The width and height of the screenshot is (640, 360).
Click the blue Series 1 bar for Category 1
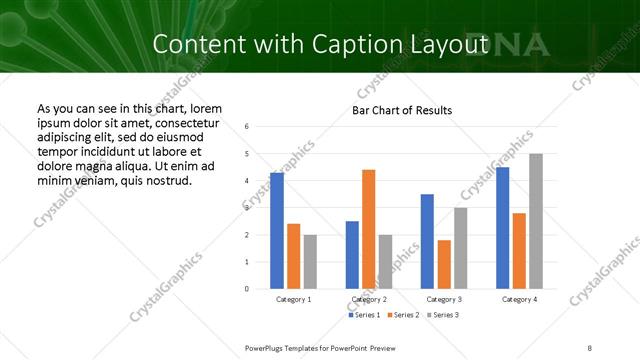click(x=277, y=231)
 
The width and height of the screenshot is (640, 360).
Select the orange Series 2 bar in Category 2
click(x=368, y=229)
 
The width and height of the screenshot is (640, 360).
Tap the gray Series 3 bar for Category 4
click(x=535, y=221)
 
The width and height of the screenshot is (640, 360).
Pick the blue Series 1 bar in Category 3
click(x=427, y=241)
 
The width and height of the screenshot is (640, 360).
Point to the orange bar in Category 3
click(x=443, y=264)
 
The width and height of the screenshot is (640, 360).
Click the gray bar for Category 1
click(x=310, y=261)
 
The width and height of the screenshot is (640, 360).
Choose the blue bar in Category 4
click(x=502, y=228)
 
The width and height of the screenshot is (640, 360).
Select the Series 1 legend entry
click(x=364, y=315)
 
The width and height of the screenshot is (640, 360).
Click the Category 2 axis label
click(x=368, y=299)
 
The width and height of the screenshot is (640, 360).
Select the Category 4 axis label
click(x=519, y=299)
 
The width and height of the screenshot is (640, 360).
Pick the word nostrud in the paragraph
click(x=166, y=180)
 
